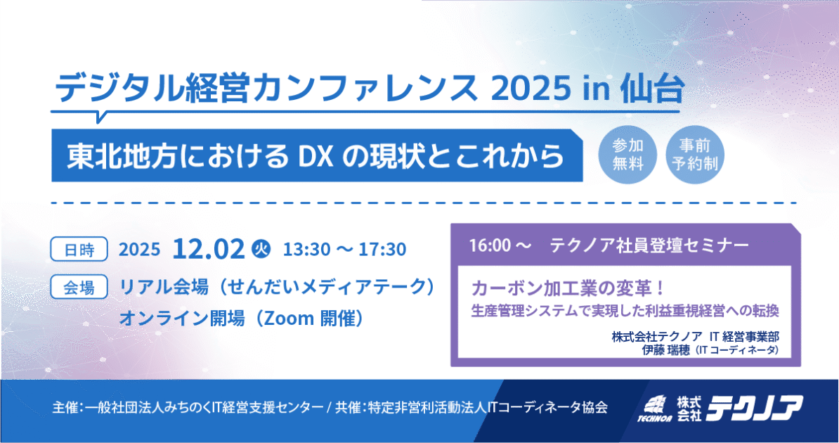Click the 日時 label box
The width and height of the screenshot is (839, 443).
79,249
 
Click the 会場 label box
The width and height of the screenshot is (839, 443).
79,287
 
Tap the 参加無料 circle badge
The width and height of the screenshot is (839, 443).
627,154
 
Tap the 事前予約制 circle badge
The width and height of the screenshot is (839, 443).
694,154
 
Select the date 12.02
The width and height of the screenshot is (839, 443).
209,248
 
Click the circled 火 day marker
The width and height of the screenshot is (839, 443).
261,248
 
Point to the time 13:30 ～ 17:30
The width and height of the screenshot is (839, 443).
344,249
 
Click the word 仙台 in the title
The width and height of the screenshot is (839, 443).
652,89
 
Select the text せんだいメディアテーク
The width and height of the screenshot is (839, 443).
327,287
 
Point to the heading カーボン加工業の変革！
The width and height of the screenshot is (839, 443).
568,288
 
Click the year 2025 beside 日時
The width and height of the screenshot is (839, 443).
139,249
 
